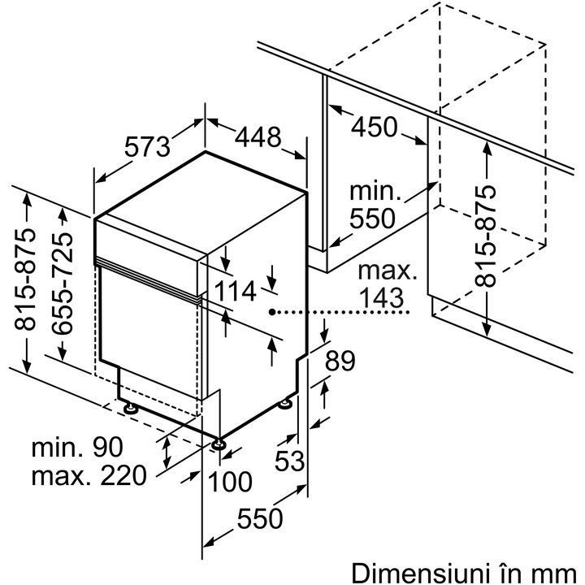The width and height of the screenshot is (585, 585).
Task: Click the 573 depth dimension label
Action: click(x=149, y=145)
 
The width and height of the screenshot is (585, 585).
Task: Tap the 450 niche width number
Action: click(x=375, y=128)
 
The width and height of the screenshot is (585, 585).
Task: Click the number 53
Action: click(x=288, y=461)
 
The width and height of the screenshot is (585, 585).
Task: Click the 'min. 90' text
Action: click(x=78, y=446)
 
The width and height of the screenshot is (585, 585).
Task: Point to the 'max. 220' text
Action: click(x=89, y=474)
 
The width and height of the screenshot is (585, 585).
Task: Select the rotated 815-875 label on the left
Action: click(x=27, y=279)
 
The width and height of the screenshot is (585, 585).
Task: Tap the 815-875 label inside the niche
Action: click(x=486, y=236)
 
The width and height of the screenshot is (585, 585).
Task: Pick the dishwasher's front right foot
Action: click(x=219, y=443)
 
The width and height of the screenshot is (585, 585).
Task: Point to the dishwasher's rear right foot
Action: click(x=286, y=404)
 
